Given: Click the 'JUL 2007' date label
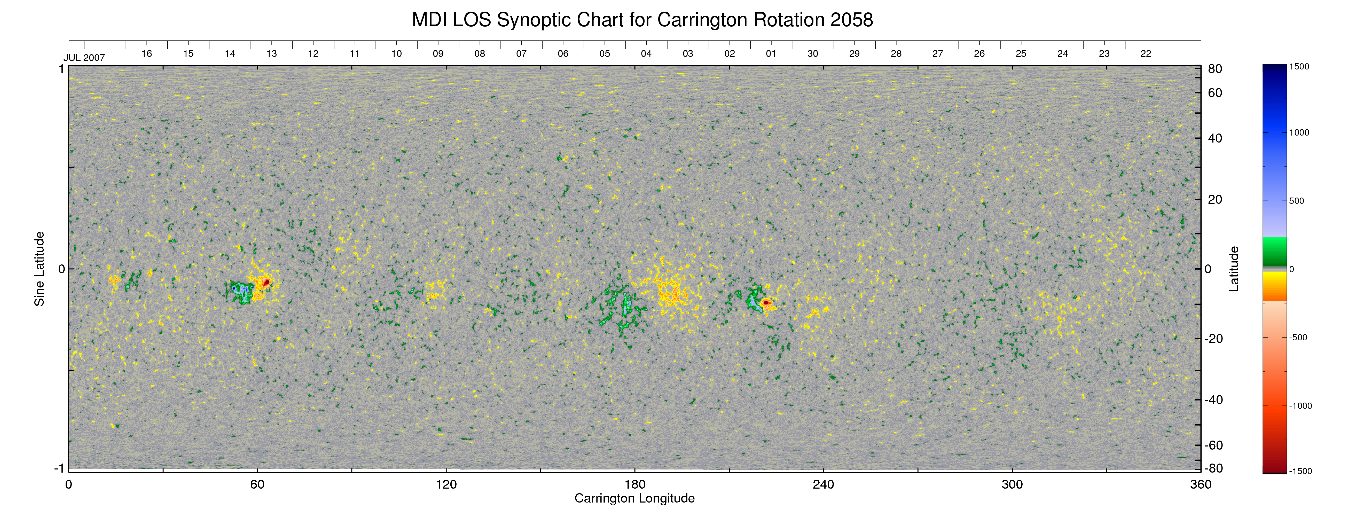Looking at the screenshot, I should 84,58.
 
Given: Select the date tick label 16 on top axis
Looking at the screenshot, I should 146,54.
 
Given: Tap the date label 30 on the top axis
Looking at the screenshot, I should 812,54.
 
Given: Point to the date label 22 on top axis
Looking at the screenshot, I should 1146,54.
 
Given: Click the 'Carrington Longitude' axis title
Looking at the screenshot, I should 634,498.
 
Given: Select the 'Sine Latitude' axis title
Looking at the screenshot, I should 40,269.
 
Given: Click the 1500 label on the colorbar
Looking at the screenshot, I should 1299,67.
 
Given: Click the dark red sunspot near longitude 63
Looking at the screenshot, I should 266,281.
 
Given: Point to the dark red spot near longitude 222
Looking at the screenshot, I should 766,302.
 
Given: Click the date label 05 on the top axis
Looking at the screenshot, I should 605,54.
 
